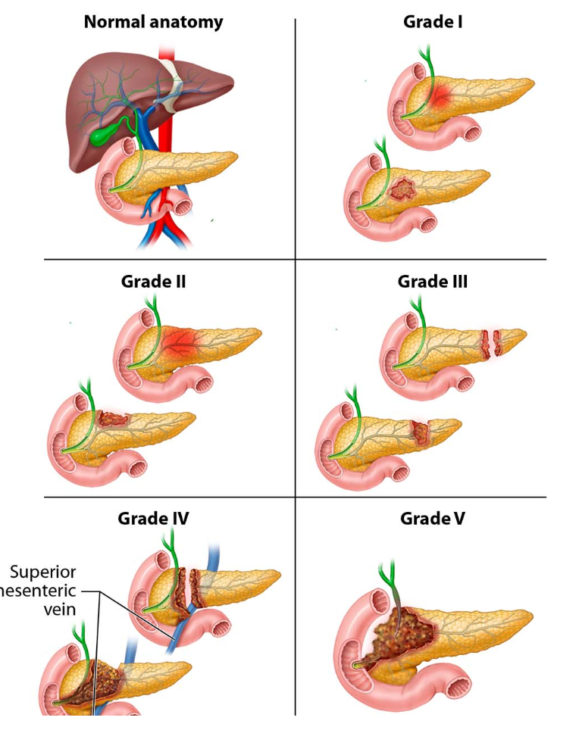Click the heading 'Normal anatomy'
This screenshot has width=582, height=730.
click(153, 21)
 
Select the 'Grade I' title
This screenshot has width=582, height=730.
click(433, 21)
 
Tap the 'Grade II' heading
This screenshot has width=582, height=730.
click(153, 282)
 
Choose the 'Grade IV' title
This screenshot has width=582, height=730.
click(153, 519)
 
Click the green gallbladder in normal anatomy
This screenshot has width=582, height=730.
click(104, 136)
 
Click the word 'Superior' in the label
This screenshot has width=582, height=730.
click(44, 572)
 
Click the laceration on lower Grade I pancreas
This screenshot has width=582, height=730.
click(402, 187)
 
